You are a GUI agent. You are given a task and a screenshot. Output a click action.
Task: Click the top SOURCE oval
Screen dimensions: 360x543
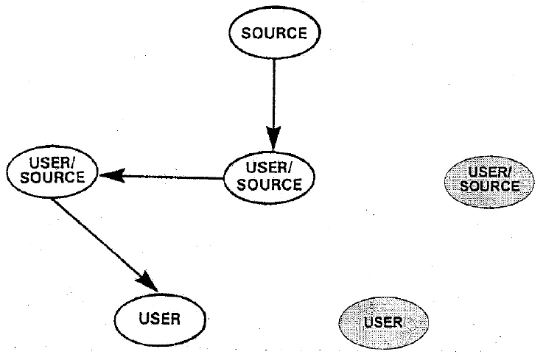point(273,34)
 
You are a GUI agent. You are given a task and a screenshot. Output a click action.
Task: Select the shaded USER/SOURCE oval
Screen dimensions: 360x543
point(489,179)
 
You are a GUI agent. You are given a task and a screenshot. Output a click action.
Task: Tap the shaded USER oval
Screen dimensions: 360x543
point(382,322)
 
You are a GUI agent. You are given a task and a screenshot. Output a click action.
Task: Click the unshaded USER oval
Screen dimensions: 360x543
point(160,320)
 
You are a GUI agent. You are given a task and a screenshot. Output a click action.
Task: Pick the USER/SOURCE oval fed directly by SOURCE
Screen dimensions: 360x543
point(269,177)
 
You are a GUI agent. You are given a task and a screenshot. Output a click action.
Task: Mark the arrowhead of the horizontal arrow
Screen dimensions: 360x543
point(111,175)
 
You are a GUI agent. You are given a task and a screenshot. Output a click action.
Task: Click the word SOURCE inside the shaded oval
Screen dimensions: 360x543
point(489,186)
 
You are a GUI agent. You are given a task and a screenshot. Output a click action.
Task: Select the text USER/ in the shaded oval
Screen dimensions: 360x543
point(489,172)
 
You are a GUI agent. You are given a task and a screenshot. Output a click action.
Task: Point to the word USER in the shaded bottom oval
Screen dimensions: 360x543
point(382,322)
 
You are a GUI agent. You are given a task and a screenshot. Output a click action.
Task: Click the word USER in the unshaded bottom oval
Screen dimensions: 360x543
point(160,320)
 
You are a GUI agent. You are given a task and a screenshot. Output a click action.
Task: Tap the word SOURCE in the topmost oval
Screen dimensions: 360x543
point(273,34)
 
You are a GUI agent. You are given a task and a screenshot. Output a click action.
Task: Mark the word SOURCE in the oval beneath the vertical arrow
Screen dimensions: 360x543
point(269,184)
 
